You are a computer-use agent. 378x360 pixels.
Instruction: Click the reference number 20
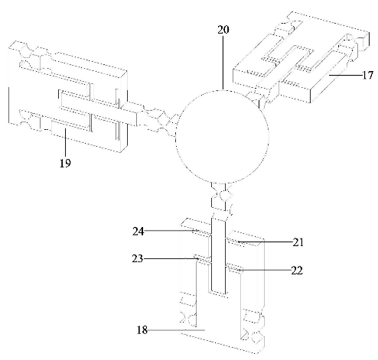[x=223, y=30]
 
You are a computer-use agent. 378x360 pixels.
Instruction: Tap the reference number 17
[x=367, y=75]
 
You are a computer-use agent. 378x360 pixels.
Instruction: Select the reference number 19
[x=65, y=163]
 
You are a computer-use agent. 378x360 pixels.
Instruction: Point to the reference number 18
[x=142, y=330]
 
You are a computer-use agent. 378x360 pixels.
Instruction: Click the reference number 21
[x=298, y=242]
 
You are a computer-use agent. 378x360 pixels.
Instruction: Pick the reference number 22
[x=297, y=271]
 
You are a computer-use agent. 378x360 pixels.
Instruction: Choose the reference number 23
[x=138, y=258]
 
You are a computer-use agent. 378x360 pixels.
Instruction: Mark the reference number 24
[x=138, y=232]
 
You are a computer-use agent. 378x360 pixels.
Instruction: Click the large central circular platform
[x=222, y=137]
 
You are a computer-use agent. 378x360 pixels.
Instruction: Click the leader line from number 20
[x=223, y=63]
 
